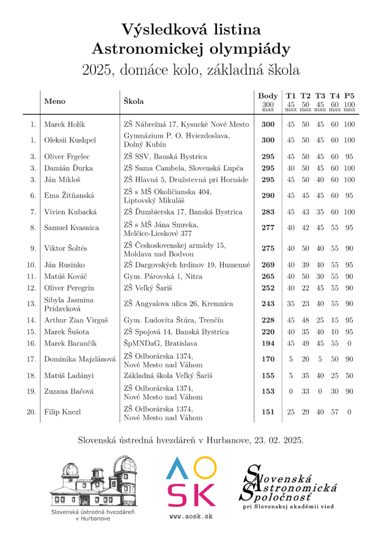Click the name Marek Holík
(64, 124)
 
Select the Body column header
(268, 96)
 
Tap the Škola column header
(134, 100)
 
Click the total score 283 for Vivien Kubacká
(268, 212)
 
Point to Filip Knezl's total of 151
(268, 412)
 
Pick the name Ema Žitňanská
(69, 195)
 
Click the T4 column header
(335, 96)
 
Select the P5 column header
(349, 96)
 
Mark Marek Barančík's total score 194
(268, 343)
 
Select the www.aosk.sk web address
(191, 516)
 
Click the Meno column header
(55, 100)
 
